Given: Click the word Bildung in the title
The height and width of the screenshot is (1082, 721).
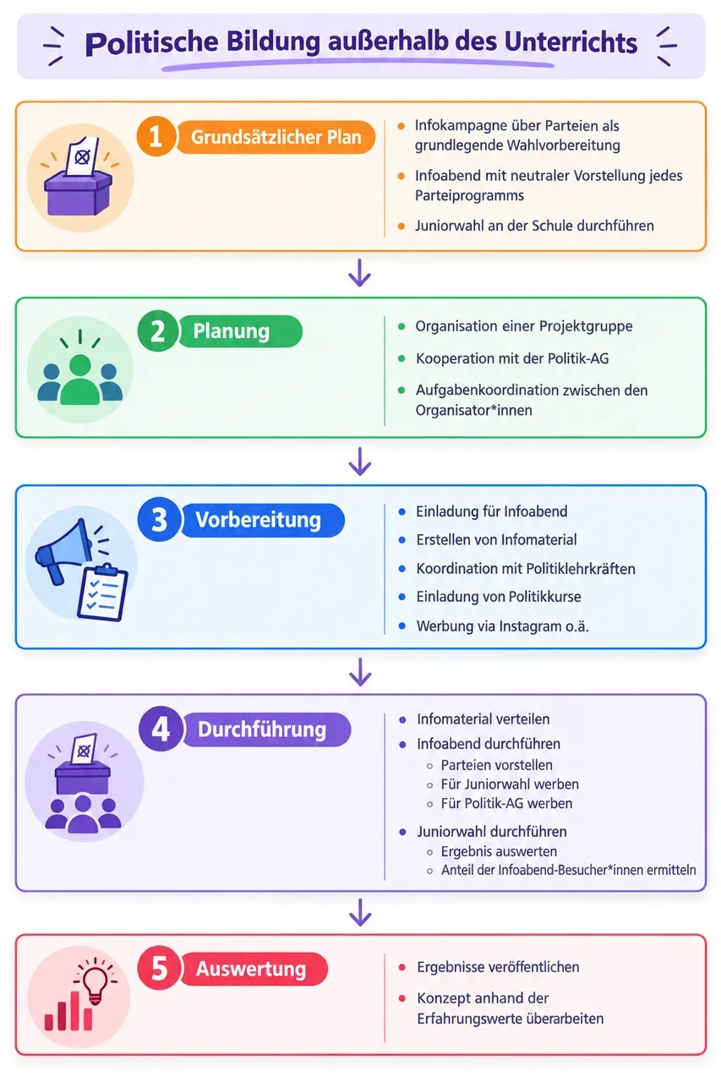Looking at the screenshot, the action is coord(273,43).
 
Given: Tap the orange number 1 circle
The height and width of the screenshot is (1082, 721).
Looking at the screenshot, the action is coord(156,136).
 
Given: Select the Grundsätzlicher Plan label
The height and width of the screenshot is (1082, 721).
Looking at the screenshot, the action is coord(276,137).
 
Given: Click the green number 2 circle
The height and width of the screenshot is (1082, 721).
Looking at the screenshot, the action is coord(157,331).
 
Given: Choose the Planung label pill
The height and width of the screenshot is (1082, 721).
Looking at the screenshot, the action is coord(241,331).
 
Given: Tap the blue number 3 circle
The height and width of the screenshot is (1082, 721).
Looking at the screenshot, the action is coord(159,520).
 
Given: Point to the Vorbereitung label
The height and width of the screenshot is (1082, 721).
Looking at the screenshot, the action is coord(263,520).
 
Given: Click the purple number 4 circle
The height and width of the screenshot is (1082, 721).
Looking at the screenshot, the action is coord(161,729).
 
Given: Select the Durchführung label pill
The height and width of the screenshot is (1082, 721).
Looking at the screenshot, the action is coord(266,730).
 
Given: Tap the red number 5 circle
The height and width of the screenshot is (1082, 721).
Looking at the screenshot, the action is coord(160,969).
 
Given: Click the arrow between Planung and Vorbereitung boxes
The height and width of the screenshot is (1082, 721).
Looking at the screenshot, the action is coord(360,462).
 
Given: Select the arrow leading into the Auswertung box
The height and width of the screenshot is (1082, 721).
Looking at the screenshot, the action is coord(360,912).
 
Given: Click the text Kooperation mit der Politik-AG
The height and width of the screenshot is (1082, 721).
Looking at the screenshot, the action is coord(512,358).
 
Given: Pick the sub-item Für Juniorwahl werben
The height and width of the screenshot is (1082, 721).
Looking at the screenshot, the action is coord(510,784).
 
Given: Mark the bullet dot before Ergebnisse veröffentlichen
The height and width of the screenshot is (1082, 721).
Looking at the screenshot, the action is coord(401,967).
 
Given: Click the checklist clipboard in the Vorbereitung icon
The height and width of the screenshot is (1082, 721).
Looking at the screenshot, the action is coord(103,593).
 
